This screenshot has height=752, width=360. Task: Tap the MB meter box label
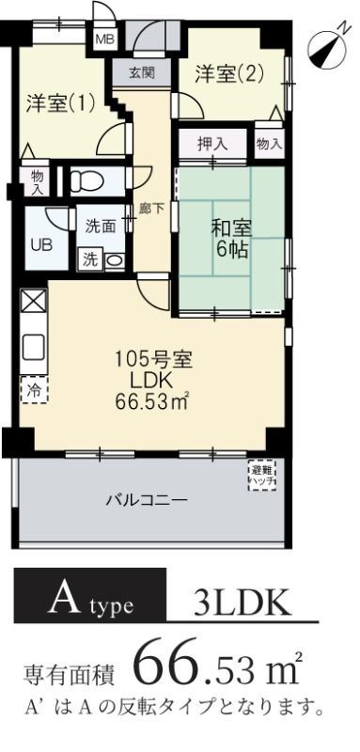tap(104, 39)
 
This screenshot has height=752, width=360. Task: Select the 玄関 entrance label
tap(141, 73)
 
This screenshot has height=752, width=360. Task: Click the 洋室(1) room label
tap(60, 104)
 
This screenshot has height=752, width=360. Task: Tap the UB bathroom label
tap(42, 245)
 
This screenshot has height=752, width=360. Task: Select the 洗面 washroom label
tap(100, 227)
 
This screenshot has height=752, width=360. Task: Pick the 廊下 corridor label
tap(146, 209)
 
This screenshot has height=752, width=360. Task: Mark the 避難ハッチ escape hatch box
tap(261, 475)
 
